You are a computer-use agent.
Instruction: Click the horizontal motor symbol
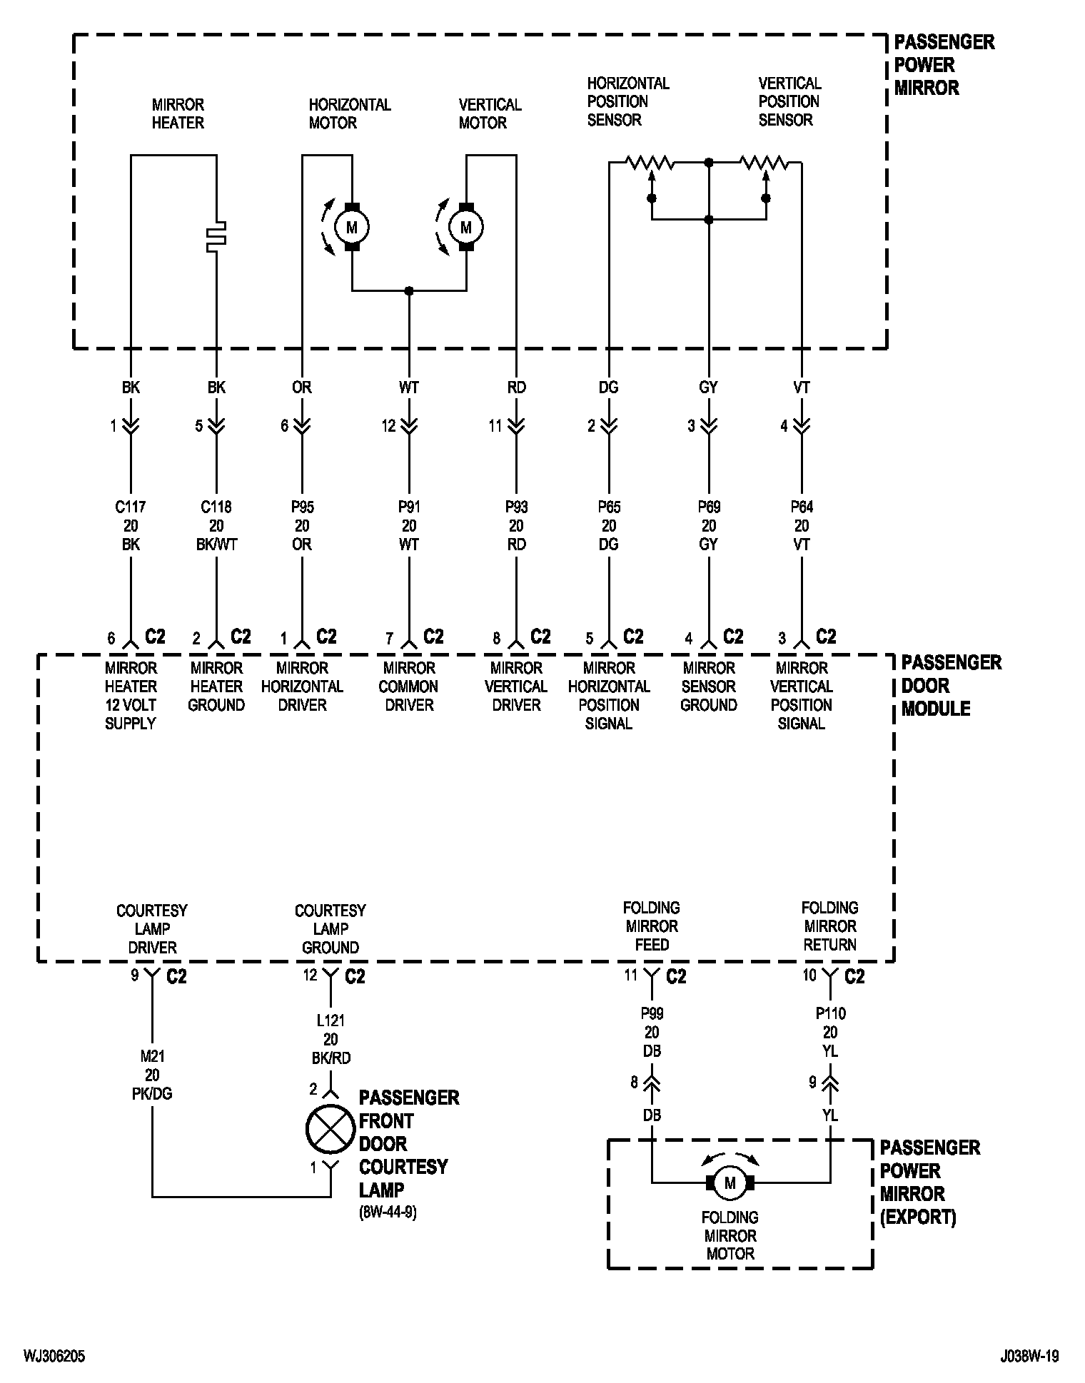[351, 227]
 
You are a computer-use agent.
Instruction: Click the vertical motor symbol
[466, 227]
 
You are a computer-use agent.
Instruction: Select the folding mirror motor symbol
[730, 1183]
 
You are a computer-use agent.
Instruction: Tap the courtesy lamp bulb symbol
[330, 1129]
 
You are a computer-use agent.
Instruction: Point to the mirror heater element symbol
[216, 237]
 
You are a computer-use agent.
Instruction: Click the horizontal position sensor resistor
[650, 164]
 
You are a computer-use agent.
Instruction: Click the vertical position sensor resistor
[764, 164]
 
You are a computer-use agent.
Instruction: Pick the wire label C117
[131, 507]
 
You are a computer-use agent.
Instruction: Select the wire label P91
[409, 507]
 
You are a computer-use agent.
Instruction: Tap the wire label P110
[830, 1013]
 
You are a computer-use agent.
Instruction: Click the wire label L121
[330, 1020]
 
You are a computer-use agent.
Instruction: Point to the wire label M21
[152, 1056]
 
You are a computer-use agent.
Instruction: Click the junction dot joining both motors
[409, 290]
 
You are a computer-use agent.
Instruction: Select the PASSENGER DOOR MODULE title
[951, 686]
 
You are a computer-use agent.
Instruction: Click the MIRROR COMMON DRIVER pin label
[409, 687]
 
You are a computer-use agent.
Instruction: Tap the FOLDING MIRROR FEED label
[652, 926]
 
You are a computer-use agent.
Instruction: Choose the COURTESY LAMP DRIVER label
[152, 929]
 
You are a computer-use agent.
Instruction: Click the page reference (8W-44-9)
[388, 1213]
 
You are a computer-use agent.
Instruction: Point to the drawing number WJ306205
[54, 1356]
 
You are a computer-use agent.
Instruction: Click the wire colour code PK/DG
[152, 1093]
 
